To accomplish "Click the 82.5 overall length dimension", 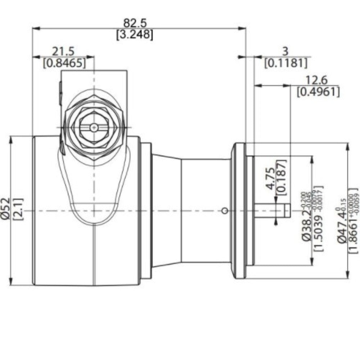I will [135, 23].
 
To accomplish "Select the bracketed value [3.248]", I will [135, 35].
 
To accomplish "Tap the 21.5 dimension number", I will [64, 51].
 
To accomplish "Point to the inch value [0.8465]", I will [64, 64].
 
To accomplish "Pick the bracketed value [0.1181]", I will [286, 64].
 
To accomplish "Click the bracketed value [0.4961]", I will [318, 92].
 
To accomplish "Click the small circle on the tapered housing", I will [225, 211].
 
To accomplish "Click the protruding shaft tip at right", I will [287, 211].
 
